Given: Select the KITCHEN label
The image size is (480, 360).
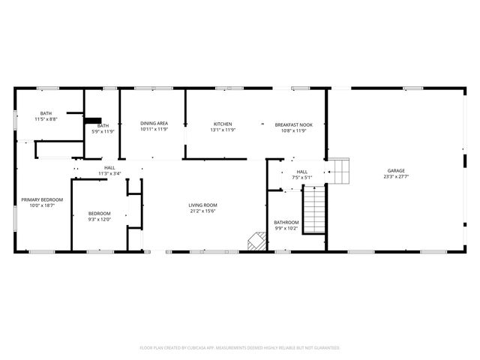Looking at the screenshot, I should coord(223,124).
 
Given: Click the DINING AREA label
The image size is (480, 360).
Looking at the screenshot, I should coord(154,124).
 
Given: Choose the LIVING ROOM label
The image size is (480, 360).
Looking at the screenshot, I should coord(202,205).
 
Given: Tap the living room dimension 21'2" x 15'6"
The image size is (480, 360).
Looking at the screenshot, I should coord(202,211).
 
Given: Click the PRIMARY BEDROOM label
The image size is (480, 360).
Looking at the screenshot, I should coord(42,199).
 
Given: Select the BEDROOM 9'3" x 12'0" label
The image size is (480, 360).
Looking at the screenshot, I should coord(100,214).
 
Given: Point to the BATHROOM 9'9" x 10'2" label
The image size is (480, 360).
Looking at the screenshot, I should coord(286,223).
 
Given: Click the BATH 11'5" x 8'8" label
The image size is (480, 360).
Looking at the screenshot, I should coord(46,114).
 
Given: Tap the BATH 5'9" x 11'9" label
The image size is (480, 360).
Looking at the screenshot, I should coord(103,126).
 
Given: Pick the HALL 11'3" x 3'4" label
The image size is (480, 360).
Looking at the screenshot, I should coord(109,168).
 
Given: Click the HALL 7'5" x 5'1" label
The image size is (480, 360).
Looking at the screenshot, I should coord(301,172).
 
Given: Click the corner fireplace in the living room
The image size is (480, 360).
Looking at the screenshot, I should coord(257,241).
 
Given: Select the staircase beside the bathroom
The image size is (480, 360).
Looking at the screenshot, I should coord(314,211).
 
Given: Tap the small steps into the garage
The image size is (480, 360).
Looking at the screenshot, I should coord(341,170).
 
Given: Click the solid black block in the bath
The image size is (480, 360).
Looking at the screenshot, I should coord(92,120).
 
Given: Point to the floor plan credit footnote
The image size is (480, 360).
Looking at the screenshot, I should coord(240,348).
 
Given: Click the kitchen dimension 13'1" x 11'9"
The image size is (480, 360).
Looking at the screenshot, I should coord(223,130).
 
